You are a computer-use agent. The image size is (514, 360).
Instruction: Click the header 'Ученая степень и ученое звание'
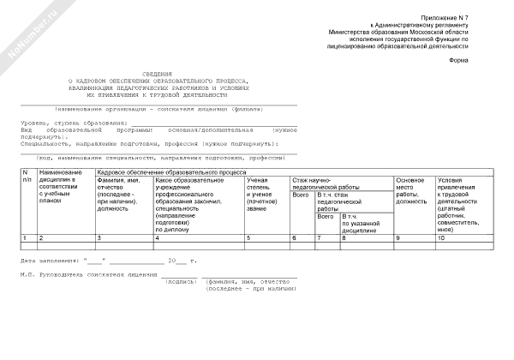260,195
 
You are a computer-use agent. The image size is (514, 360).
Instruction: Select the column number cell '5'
248,237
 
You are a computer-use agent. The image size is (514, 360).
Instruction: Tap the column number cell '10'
442,237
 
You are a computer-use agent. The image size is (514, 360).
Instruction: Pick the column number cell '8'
344,237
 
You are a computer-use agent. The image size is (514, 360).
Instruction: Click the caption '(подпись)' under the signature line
181,281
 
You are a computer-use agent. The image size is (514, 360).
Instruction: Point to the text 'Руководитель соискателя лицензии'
103,275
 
